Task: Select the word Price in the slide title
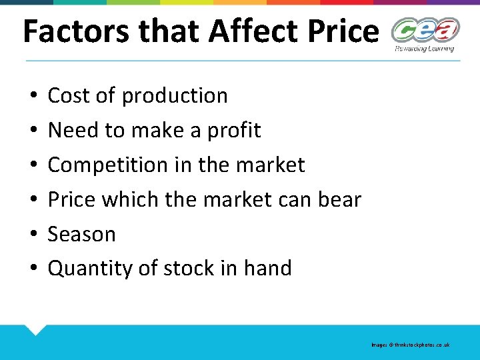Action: coord(341,31)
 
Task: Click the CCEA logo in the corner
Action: coord(425,31)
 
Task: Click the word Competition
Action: coord(107,165)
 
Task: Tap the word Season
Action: coord(82,234)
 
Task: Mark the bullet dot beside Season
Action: coord(33,235)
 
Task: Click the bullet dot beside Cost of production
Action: coord(33,96)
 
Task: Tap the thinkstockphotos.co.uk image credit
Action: coord(411,345)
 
